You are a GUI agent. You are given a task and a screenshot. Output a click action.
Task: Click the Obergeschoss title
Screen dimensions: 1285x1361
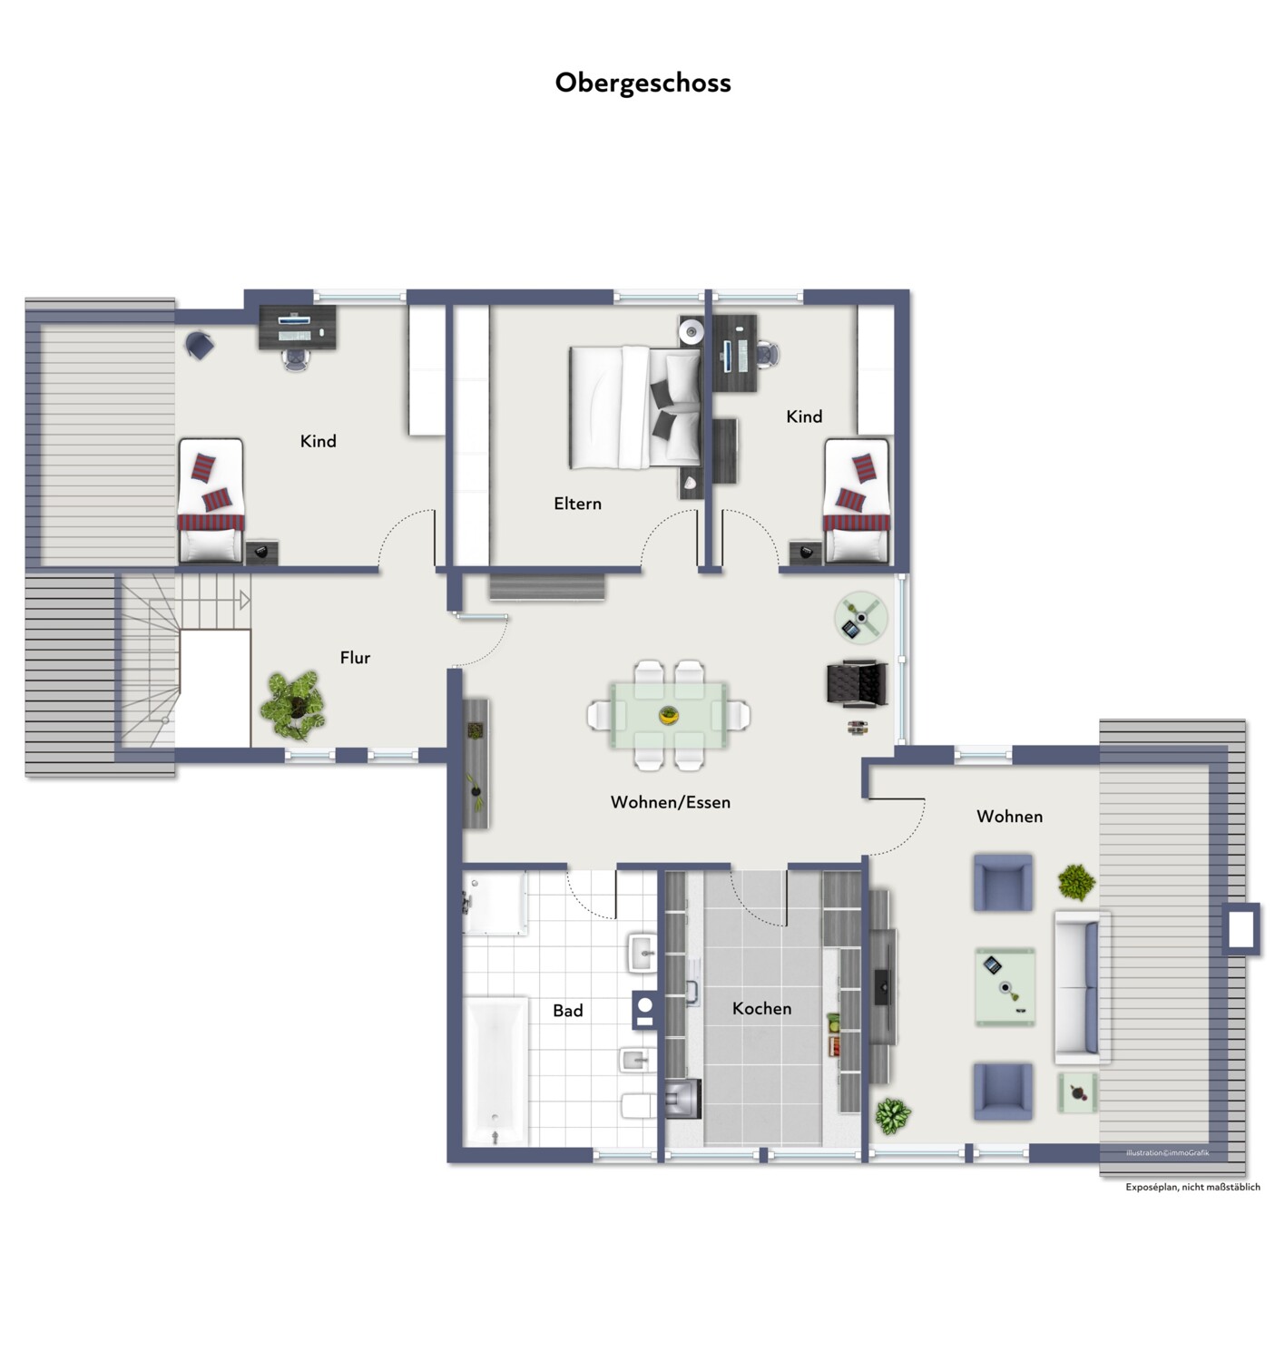tap(642, 83)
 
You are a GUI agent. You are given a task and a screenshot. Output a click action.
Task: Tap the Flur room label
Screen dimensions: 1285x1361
tap(355, 657)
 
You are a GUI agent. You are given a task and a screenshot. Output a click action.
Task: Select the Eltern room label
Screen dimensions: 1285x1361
tap(577, 503)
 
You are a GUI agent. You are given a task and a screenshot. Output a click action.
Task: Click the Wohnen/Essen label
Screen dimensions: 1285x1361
tap(670, 802)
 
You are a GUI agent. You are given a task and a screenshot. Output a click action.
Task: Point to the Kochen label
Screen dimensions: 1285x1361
tap(761, 1008)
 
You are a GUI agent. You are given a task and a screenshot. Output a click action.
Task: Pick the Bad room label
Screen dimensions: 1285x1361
tap(568, 1010)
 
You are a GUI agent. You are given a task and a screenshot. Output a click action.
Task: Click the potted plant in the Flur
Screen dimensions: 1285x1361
tap(293, 705)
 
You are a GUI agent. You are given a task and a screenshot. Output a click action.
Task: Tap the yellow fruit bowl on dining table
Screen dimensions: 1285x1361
tap(669, 716)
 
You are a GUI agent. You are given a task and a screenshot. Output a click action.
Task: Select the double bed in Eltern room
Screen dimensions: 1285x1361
tap(635, 407)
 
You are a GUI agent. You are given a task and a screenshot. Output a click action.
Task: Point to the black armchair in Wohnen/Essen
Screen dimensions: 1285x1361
tap(858, 682)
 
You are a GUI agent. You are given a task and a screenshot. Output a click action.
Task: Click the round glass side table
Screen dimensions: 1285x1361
tap(861, 618)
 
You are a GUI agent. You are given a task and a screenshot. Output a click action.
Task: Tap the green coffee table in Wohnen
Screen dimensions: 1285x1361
tap(1005, 986)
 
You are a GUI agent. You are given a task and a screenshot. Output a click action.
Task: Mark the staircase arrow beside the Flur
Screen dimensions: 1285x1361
tap(244, 601)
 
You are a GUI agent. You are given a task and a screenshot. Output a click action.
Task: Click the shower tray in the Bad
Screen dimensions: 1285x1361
tap(494, 902)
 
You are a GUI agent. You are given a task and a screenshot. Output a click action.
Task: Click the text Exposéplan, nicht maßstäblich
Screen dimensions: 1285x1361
tap(1192, 1186)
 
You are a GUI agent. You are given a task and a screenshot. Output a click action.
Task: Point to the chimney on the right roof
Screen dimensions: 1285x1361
tap(1241, 929)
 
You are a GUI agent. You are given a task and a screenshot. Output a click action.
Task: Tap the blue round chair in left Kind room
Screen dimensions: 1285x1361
tap(200, 345)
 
